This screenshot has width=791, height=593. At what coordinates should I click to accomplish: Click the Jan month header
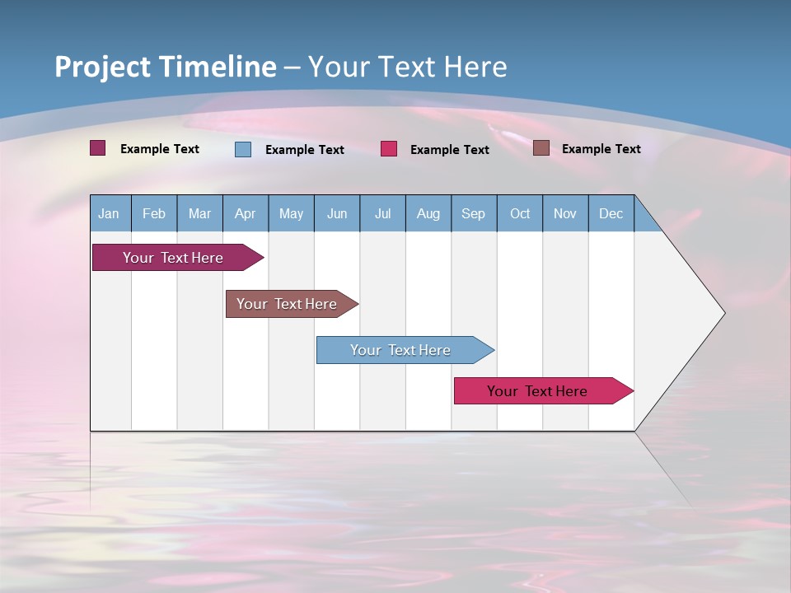click(x=109, y=213)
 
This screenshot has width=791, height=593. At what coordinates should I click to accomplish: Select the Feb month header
click(x=154, y=213)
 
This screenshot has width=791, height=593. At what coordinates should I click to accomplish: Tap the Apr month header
click(x=245, y=213)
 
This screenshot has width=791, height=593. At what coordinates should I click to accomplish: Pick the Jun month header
click(x=336, y=213)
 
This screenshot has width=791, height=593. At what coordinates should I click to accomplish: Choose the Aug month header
click(x=428, y=213)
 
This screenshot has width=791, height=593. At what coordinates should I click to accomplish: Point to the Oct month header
click(x=519, y=213)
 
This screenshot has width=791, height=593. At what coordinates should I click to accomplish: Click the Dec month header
click(x=611, y=213)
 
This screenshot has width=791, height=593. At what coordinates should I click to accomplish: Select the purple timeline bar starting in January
click(x=173, y=258)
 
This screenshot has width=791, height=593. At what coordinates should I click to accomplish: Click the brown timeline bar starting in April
click(x=287, y=304)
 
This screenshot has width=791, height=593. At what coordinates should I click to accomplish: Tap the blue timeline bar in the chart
click(x=400, y=350)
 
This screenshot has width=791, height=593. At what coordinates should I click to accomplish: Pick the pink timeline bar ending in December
click(x=537, y=391)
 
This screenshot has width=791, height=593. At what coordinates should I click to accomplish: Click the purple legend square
click(x=97, y=148)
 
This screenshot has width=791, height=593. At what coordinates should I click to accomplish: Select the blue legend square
click(x=243, y=149)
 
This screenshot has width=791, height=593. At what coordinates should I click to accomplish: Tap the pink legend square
click(x=389, y=148)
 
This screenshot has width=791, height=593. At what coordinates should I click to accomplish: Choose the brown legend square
click(x=541, y=147)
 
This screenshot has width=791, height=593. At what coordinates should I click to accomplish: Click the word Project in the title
click(x=102, y=67)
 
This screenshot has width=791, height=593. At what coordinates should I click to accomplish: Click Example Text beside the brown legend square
click(x=601, y=148)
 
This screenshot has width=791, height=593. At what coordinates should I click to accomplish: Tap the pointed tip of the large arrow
click(x=723, y=313)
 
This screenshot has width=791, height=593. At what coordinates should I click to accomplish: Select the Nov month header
click(x=564, y=213)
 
